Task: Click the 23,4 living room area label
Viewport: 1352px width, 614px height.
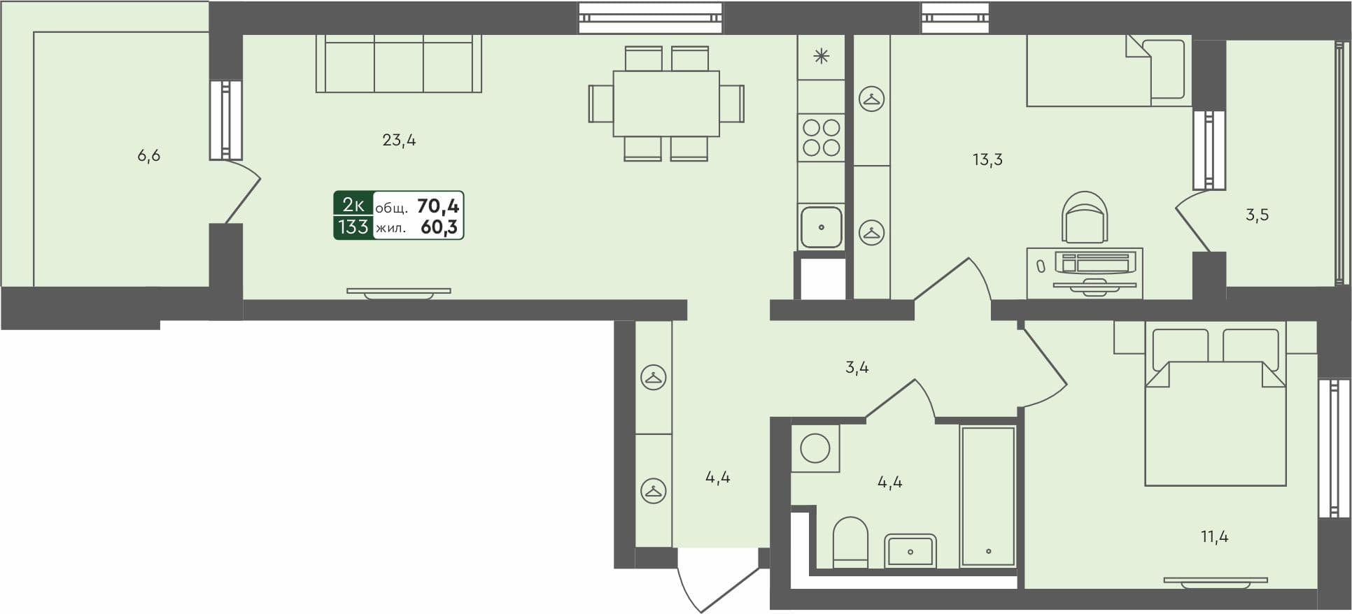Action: click(399, 141)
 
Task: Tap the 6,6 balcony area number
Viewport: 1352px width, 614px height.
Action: click(148, 156)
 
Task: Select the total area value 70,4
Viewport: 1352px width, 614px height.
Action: click(438, 206)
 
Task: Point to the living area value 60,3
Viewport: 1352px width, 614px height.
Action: click(439, 227)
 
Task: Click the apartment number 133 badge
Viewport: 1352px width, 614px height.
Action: click(353, 227)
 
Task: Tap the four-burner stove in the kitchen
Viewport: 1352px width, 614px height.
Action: click(821, 138)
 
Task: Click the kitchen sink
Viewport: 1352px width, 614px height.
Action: click(821, 227)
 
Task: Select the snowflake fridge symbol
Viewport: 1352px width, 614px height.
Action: click(821, 57)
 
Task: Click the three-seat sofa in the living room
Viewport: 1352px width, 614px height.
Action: click(398, 64)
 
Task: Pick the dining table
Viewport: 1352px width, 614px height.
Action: click(666, 103)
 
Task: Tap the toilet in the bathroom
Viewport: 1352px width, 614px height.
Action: click(850, 541)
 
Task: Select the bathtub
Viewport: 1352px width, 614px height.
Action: click(988, 496)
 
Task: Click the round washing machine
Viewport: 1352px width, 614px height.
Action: click(815, 448)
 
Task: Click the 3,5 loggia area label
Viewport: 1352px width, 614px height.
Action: click(1257, 215)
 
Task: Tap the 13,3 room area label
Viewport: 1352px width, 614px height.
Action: click(987, 160)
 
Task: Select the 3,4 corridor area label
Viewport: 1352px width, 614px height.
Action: click(857, 368)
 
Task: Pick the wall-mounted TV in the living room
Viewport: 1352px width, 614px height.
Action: click(398, 292)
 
